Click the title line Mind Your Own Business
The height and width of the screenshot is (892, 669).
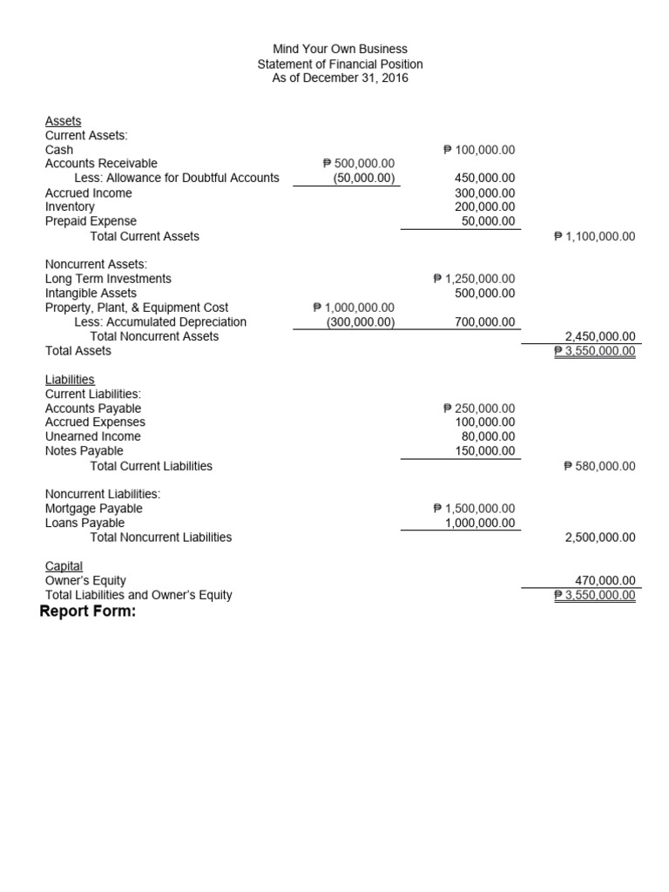coord(340,50)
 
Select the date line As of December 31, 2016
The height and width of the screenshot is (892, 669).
coord(340,78)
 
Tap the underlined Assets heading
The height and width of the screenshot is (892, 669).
coord(63,121)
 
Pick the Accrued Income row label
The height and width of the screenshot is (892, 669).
coord(88,193)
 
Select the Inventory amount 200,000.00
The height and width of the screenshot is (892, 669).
coord(484,206)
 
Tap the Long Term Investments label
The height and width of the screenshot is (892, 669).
coord(108,279)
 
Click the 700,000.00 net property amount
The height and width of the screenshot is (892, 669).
coord(484,322)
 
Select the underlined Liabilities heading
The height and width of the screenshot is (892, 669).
coord(70,380)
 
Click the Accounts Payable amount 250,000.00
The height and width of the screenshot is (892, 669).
coord(479,409)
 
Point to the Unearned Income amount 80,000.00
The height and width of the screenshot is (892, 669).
coord(488,436)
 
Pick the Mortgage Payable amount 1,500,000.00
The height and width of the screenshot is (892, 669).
coord(474,509)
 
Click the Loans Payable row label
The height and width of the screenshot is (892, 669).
coord(84,523)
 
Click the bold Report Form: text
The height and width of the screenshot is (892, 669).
coord(88,612)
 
